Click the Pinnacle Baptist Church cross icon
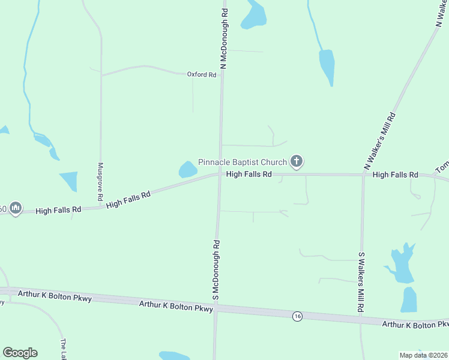(x=296, y=161)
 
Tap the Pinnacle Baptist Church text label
(x=243, y=163)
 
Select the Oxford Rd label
(x=201, y=74)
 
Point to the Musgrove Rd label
(x=100, y=182)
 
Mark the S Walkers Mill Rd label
(x=361, y=281)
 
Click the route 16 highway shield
(x=297, y=316)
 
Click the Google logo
(x=20, y=353)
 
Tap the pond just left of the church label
(x=188, y=170)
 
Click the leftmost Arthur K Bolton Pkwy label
(x=55, y=295)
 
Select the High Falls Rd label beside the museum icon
(x=58, y=211)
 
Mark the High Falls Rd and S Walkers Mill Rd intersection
(x=364, y=175)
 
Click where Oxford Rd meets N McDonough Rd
(x=221, y=75)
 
